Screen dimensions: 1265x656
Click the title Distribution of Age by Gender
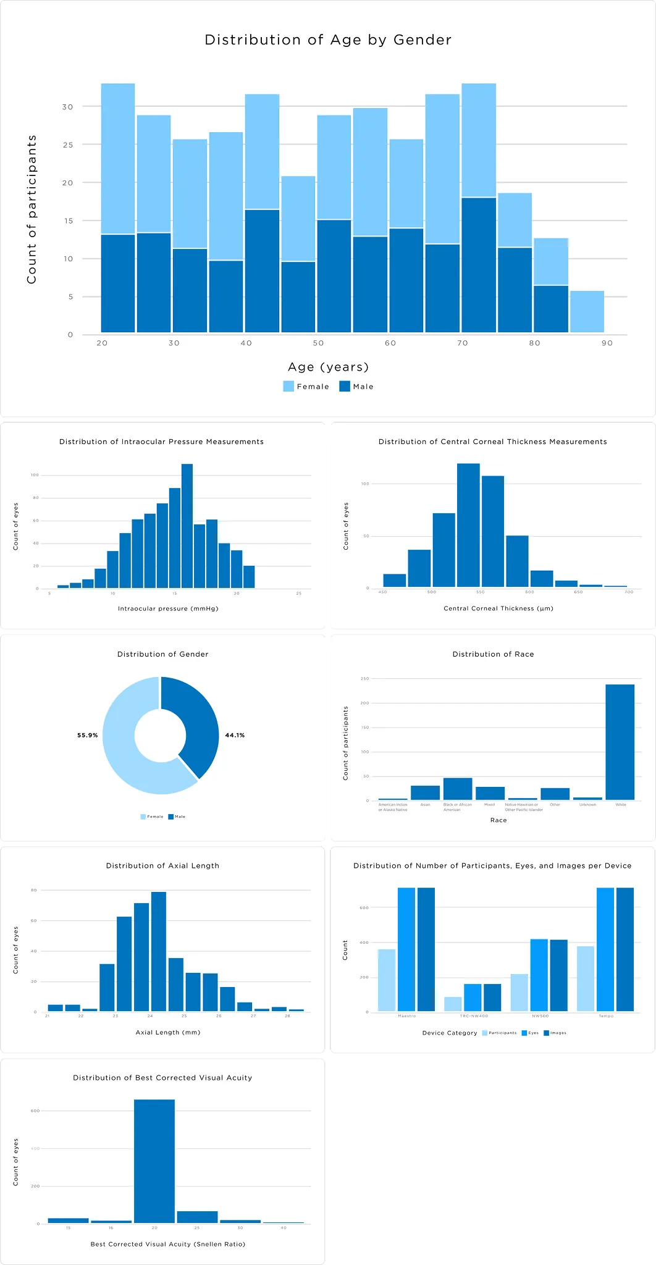(x=328, y=40)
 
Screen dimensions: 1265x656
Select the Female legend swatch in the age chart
(x=288, y=387)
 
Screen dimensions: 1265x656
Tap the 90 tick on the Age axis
(x=607, y=343)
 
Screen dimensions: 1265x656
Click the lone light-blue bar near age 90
(x=587, y=311)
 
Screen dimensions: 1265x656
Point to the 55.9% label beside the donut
(x=87, y=735)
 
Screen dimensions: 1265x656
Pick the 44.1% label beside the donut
(x=235, y=735)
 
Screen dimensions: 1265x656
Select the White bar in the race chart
(x=620, y=741)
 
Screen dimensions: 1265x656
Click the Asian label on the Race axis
(x=425, y=805)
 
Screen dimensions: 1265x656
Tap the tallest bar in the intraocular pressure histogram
(x=187, y=525)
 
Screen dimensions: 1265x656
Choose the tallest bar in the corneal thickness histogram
(x=468, y=525)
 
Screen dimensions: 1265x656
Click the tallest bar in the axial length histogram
(x=159, y=951)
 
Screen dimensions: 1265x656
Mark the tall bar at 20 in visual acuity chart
(x=154, y=1161)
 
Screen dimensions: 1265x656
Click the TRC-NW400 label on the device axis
(x=474, y=1016)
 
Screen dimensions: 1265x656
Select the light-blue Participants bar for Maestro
(x=387, y=980)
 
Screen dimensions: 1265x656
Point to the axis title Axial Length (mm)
(x=168, y=1032)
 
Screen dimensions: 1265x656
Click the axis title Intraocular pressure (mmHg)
(x=168, y=608)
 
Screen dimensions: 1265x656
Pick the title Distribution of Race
(x=493, y=654)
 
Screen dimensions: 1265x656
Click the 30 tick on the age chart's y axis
(x=67, y=107)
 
